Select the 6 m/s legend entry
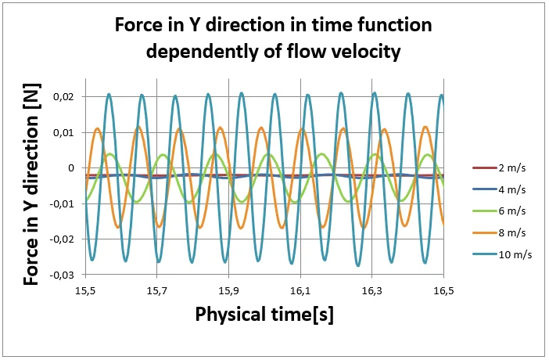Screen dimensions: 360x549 click(501, 211)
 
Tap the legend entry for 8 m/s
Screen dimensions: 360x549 click(501, 232)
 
